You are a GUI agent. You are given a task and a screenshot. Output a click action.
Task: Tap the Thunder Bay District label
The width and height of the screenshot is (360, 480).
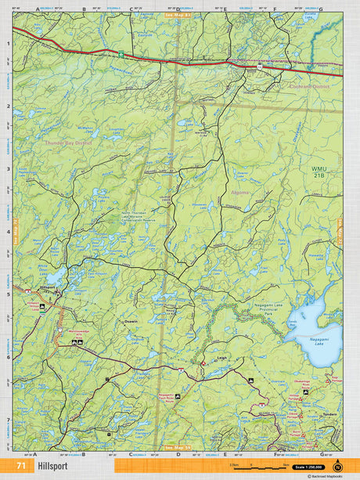tap(68, 143)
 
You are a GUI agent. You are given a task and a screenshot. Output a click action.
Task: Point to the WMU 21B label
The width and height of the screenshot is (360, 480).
tap(318, 172)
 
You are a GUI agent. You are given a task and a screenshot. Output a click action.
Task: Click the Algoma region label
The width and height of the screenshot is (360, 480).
tap(238, 202)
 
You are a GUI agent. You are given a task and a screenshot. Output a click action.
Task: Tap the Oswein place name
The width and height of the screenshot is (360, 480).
tap(130, 321)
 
